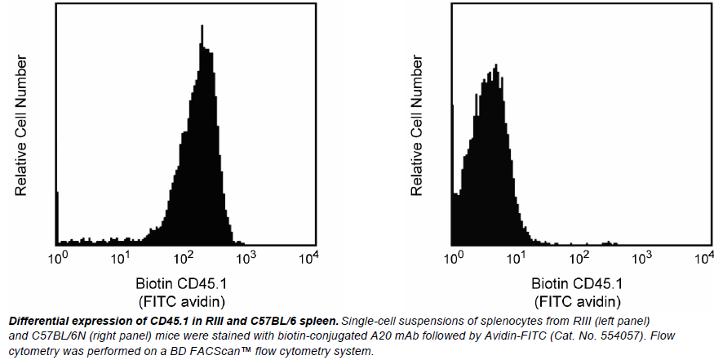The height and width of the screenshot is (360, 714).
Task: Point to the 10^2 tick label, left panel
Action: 183,259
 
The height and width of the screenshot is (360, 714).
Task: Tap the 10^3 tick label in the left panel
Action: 246,259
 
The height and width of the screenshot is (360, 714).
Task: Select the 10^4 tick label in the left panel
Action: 308,259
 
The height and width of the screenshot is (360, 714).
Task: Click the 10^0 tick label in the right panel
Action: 453,259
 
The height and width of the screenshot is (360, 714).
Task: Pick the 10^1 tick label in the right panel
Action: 516,259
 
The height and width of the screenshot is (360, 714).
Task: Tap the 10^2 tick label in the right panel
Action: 579,259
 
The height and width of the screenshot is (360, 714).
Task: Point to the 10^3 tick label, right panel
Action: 641,259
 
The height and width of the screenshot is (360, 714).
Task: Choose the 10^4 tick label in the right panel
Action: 703,259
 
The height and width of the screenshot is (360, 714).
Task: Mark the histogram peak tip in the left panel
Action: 202,25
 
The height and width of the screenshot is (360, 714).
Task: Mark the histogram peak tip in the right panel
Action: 494,64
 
